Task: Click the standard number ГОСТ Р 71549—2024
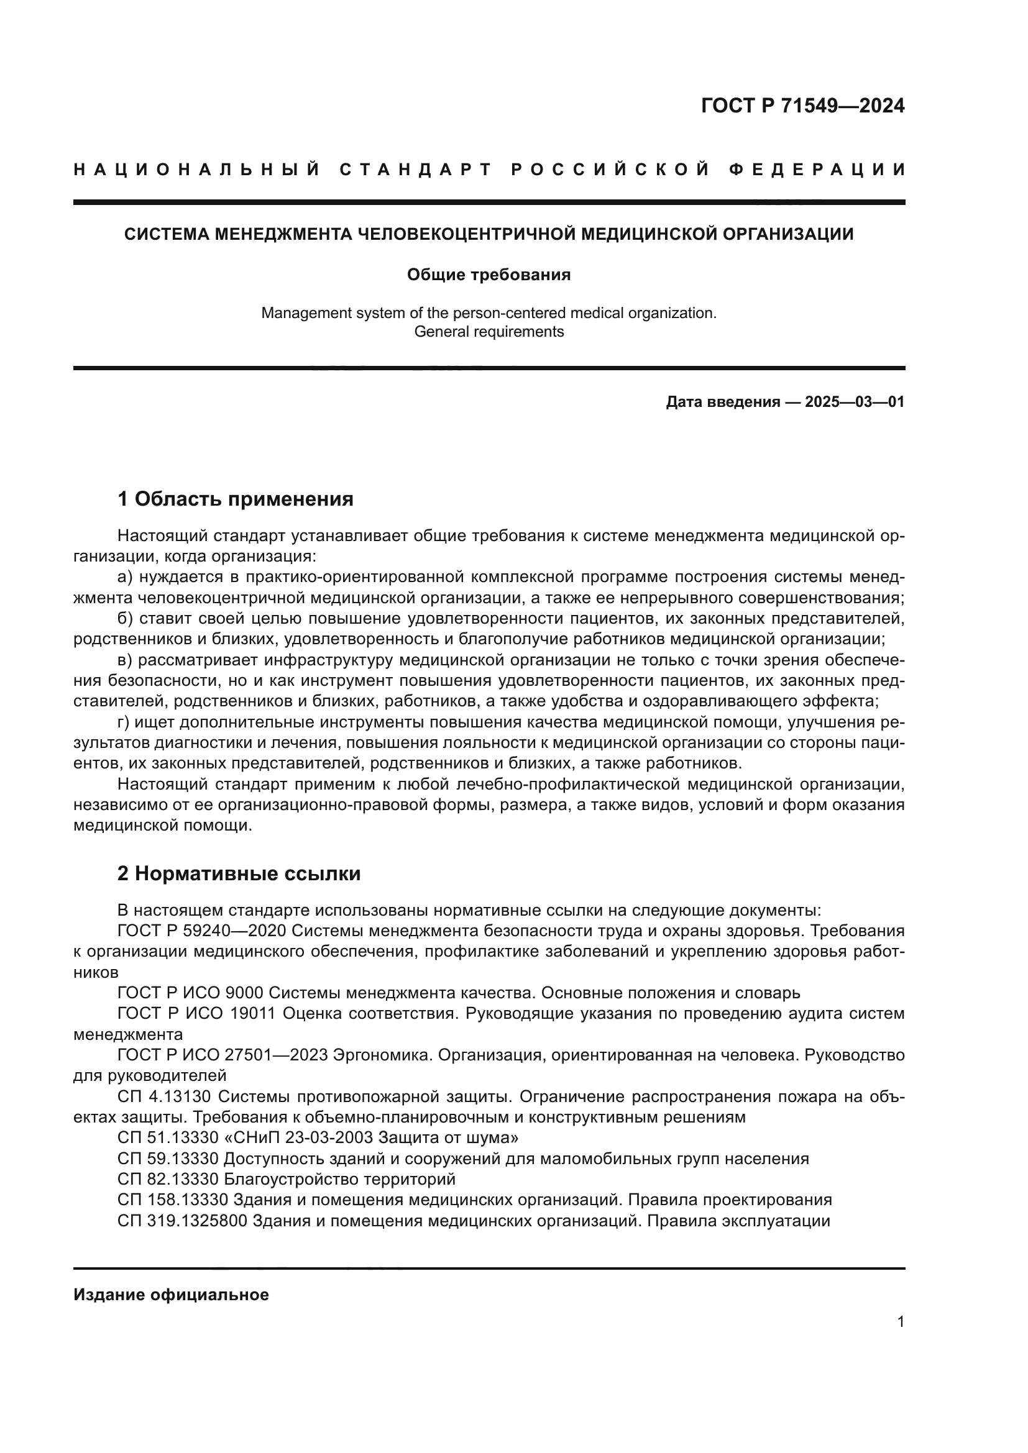click(x=802, y=106)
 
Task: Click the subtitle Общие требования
click(x=488, y=275)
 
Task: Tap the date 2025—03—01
click(x=854, y=402)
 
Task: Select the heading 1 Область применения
click(x=235, y=499)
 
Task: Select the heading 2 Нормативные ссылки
click(x=239, y=873)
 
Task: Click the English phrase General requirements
click(x=488, y=332)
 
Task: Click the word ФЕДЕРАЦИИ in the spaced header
click(x=817, y=170)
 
